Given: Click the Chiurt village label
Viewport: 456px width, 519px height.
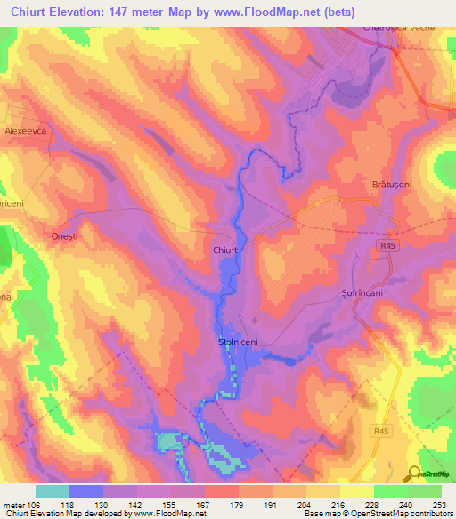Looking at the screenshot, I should [x=225, y=251].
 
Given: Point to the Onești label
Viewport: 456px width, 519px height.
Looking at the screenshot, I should [x=56, y=235].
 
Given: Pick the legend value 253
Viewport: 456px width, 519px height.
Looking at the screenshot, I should [x=439, y=503].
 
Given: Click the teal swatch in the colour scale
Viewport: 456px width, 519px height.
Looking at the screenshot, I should [x=53, y=490].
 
